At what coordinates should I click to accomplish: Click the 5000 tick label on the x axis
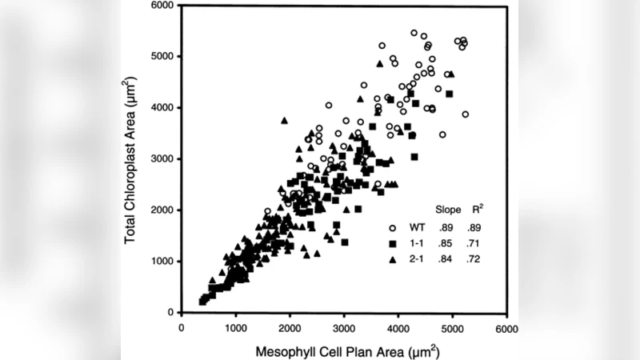(452, 328)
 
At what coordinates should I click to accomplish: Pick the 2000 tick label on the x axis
(290, 328)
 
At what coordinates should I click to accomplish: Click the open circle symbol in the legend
(394, 227)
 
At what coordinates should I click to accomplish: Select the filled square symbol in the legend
(394, 243)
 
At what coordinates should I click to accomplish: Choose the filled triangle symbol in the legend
(394, 260)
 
